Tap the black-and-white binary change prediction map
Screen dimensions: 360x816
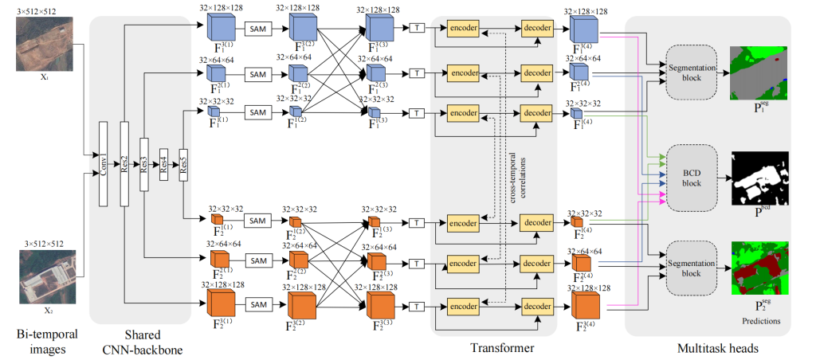[x=758, y=176]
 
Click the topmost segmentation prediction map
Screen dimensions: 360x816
[x=758, y=72]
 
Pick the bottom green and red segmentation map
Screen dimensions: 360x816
[x=758, y=268]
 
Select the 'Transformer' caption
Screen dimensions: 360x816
[x=492, y=346]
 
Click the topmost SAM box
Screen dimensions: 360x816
[x=257, y=29]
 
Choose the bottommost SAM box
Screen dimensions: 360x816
[x=257, y=304]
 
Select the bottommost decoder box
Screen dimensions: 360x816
[x=537, y=304]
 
